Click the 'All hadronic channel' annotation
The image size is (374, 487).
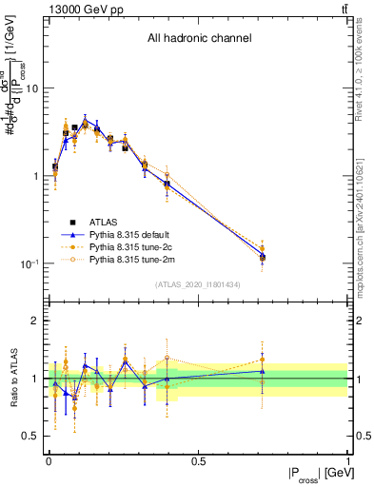[199, 39]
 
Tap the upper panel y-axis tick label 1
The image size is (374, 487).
[36, 177]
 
